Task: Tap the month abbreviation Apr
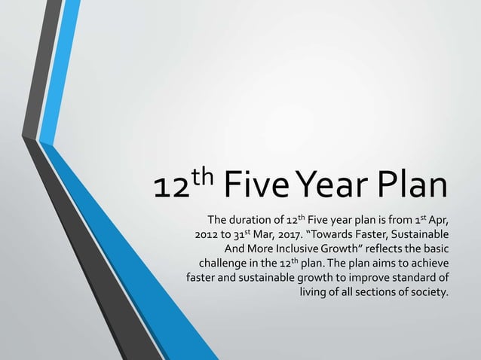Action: (x=439, y=221)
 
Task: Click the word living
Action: (x=315, y=291)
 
